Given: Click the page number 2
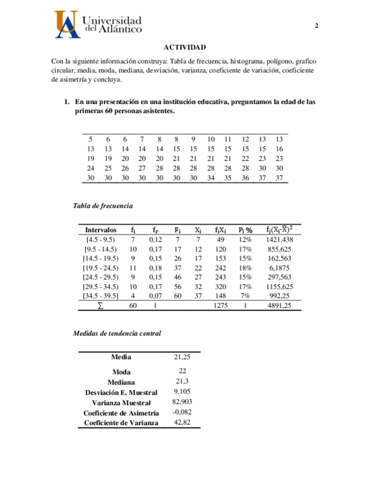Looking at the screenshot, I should pyautogui.click(x=316, y=26).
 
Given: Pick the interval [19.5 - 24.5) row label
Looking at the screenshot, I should pyautogui.click(x=99, y=267).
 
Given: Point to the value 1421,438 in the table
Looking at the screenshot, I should pyautogui.click(x=279, y=239).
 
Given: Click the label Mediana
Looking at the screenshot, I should pyautogui.click(x=121, y=382).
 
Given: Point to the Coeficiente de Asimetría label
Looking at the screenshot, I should pyautogui.click(x=121, y=413).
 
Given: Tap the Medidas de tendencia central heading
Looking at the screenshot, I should pyautogui.click(x=117, y=333).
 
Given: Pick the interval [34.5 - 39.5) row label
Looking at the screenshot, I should pyautogui.click(x=99, y=295).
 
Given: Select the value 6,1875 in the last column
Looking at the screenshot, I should pyautogui.click(x=279, y=267).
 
